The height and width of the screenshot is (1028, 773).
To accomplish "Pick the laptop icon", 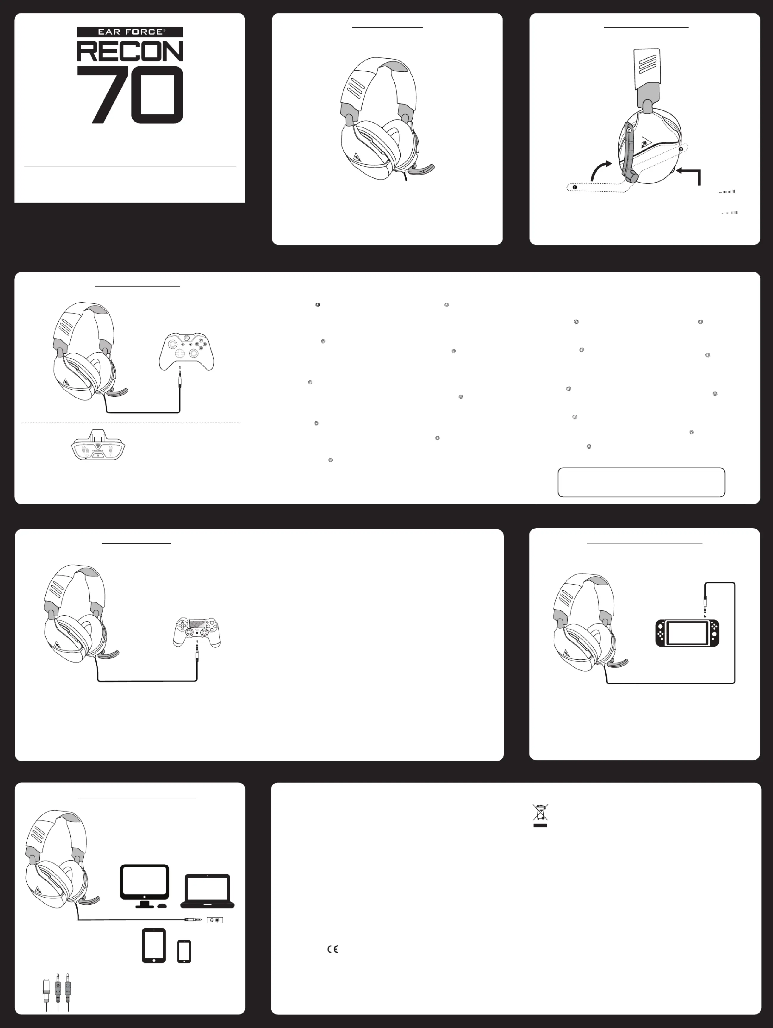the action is click(207, 891).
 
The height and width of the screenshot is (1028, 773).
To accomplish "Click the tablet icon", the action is click(154, 945).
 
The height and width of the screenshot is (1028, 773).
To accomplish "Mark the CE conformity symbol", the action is click(333, 949).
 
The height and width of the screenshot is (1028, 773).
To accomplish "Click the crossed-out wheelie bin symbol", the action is click(540, 815).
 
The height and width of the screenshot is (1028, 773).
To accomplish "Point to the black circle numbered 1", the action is click(575, 187).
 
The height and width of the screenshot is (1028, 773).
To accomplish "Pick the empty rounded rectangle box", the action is click(641, 482).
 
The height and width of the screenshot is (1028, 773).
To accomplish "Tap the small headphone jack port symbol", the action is click(215, 920).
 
